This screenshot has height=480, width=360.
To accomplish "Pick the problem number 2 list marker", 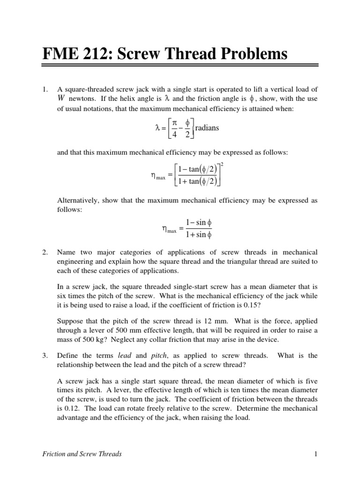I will click(45, 252).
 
